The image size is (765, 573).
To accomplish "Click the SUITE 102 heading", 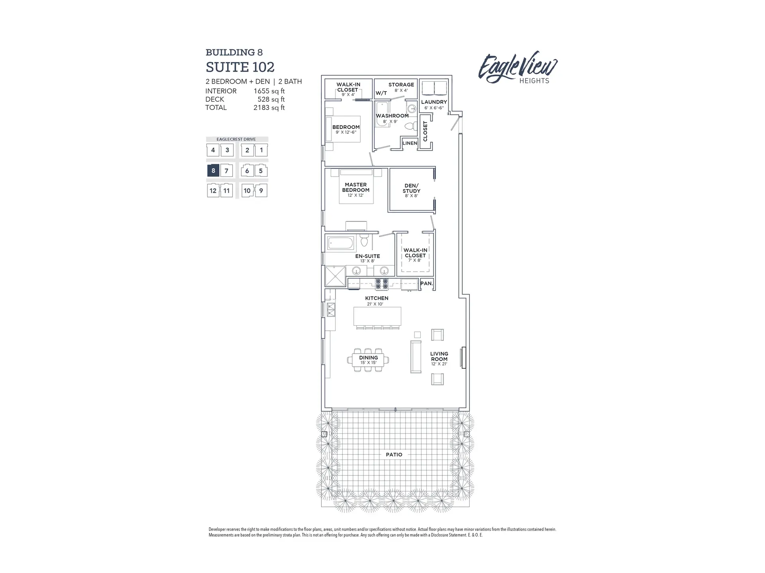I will [240, 67].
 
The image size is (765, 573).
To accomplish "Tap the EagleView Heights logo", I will [518, 68].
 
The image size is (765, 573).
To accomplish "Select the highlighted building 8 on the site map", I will [213, 170].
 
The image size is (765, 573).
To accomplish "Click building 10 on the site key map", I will [247, 190].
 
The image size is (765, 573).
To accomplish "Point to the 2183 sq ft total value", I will [269, 108].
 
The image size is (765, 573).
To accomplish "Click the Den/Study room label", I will [411, 188].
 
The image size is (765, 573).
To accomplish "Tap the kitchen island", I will [377, 317].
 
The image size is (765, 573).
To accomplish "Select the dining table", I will [368, 360].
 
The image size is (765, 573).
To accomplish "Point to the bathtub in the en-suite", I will [340, 242].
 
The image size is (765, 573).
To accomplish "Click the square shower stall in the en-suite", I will [335, 276].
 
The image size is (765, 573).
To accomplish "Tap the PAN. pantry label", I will [426, 284].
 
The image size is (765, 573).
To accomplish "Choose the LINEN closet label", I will [410, 143].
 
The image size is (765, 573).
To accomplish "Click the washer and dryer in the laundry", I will [434, 88].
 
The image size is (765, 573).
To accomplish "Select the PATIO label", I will [394, 454].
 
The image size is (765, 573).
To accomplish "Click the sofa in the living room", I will [416, 356].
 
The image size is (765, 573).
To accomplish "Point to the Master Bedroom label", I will [355, 187].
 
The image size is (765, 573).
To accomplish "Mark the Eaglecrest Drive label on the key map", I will [236, 139].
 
